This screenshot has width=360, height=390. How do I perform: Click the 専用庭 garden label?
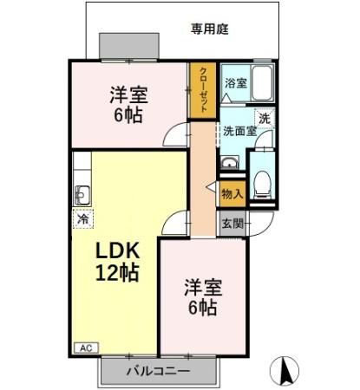[209, 29]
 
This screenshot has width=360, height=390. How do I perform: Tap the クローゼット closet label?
[202, 90]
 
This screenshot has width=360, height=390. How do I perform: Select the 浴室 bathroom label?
[235, 83]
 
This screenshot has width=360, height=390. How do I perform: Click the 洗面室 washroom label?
[239, 132]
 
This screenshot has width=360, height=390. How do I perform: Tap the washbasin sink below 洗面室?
[230, 166]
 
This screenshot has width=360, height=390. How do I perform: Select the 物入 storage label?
[232, 192]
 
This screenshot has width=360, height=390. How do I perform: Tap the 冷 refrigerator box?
[83, 218]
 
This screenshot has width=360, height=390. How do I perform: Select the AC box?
[86, 348]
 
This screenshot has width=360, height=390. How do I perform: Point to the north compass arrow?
[285, 371]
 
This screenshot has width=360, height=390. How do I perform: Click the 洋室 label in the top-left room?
[127, 94]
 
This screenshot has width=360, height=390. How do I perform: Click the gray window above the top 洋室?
[128, 45]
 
